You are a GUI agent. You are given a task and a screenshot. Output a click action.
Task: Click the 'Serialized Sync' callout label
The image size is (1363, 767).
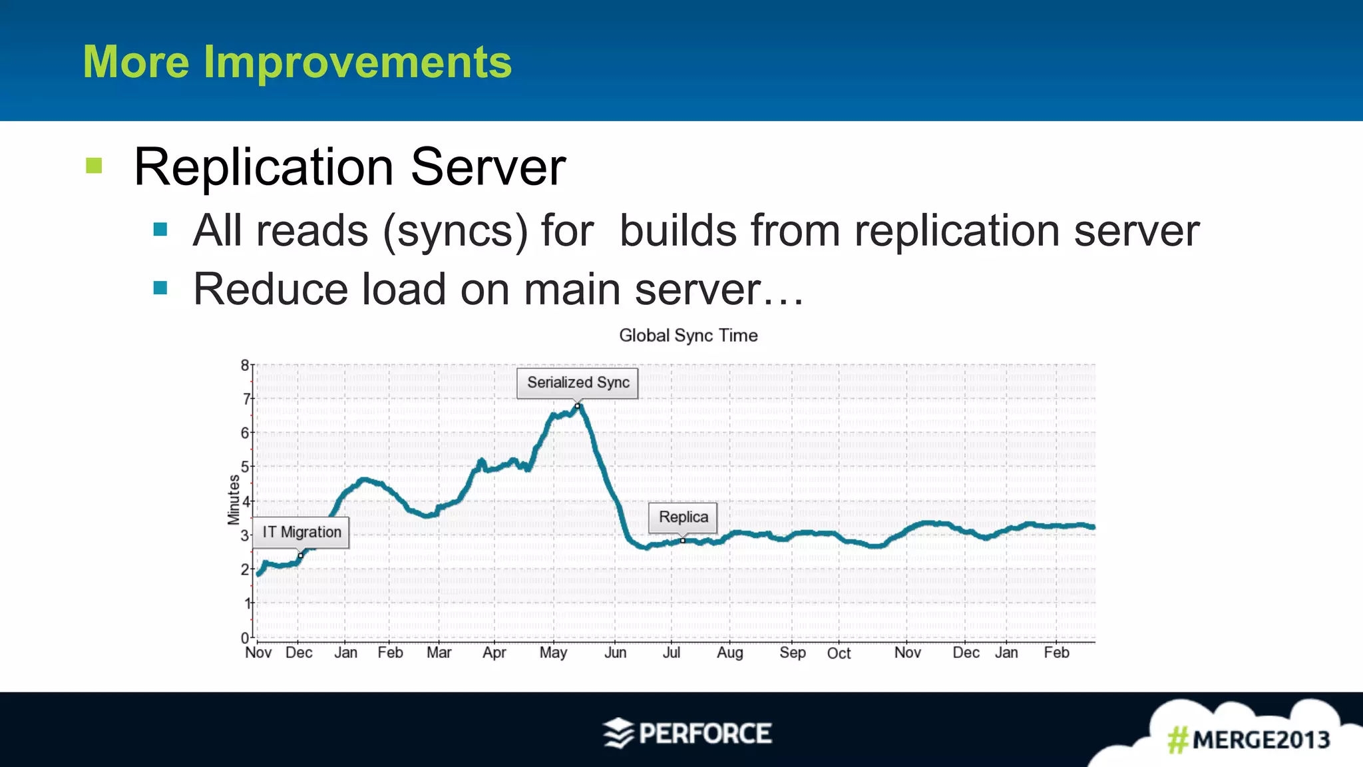pyautogui.click(x=578, y=383)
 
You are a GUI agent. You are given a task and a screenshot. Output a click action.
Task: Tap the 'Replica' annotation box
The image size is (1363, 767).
pyautogui.click(x=683, y=517)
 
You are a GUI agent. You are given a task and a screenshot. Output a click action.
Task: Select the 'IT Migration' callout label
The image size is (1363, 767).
pyautogui.click(x=301, y=532)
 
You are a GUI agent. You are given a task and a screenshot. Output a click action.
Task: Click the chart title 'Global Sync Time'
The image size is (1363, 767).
pyautogui.click(x=688, y=336)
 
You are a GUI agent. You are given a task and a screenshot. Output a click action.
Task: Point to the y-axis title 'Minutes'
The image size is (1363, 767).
pyautogui.click(x=234, y=499)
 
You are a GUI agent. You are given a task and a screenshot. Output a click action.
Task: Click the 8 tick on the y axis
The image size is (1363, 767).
pyautogui.click(x=245, y=365)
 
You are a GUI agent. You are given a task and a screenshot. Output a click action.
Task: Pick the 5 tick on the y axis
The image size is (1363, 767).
pyautogui.click(x=245, y=467)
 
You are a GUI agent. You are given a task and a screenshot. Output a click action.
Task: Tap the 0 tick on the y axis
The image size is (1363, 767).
pyautogui.click(x=245, y=637)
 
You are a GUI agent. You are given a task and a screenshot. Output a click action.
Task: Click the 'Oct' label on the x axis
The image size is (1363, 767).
pyautogui.click(x=839, y=653)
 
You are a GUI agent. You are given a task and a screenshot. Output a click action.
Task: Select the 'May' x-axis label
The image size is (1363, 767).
pyautogui.click(x=553, y=652)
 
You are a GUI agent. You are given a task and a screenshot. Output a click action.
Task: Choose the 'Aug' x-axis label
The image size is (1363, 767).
pyautogui.click(x=729, y=652)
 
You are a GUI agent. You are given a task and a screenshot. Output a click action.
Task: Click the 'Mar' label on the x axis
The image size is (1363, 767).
pyautogui.click(x=439, y=652)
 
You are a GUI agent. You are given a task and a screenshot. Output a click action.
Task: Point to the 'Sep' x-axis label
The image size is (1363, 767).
pyautogui.click(x=792, y=652)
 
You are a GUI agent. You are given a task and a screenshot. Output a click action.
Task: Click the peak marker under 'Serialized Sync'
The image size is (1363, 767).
pyautogui.click(x=578, y=405)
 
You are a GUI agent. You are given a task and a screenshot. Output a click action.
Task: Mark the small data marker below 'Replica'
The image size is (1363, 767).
pyautogui.click(x=683, y=541)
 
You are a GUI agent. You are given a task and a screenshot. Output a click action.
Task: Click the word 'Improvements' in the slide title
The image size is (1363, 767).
pyautogui.click(x=357, y=62)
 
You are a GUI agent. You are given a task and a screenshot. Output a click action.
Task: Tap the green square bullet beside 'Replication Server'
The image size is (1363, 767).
pyautogui.click(x=94, y=165)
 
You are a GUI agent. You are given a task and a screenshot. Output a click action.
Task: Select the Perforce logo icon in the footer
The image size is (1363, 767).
pyautogui.click(x=618, y=733)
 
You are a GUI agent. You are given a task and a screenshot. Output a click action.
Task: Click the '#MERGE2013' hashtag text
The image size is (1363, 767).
pyautogui.click(x=1249, y=740)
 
